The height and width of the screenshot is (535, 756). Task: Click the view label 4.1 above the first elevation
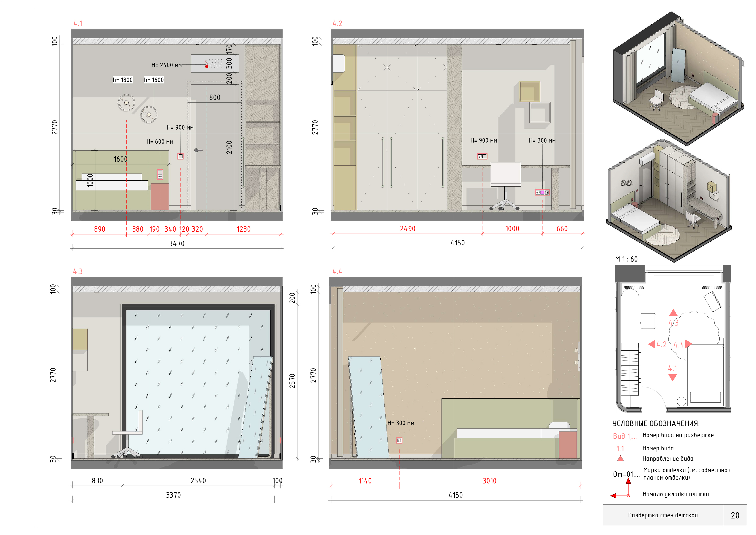tap(78, 23)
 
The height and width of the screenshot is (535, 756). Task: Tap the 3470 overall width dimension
tap(176, 244)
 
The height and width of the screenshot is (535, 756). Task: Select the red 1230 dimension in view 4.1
tap(244, 229)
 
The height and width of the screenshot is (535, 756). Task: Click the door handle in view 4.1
tap(198, 150)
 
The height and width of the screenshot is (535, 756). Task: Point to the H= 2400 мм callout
tap(167, 65)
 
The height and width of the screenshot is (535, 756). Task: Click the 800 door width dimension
tap(215, 97)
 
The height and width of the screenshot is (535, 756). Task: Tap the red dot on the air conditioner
tap(207, 66)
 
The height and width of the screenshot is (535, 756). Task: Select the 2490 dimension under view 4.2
tap(408, 229)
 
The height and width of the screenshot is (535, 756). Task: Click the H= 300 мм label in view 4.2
tap(542, 141)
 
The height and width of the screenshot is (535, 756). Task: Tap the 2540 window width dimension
tap(198, 481)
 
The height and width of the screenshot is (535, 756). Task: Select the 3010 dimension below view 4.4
tap(489, 481)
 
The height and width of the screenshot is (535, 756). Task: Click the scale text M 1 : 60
tap(626, 259)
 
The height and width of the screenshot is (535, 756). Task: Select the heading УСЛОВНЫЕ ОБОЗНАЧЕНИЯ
tap(656, 423)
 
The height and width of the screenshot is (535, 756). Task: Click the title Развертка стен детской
tap(663, 515)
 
